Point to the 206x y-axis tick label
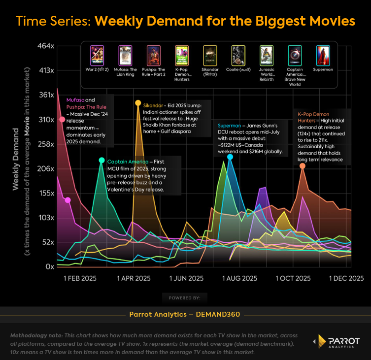(45, 168)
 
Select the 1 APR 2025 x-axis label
(134, 278)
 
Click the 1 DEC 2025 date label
(346, 278)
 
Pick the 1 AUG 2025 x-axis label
(240, 278)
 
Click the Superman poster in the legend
(323, 56)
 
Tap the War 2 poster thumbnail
(97, 56)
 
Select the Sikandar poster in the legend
(210, 56)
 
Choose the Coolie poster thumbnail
(238, 56)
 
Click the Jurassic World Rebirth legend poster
(267, 56)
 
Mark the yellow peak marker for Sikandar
(138, 103)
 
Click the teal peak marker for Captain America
(101, 160)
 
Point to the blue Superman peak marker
(230, 157)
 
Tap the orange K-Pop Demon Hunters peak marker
(303, 166)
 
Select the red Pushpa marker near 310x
(62, 120)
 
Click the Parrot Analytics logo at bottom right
(337, 342)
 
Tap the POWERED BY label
(184, 298)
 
